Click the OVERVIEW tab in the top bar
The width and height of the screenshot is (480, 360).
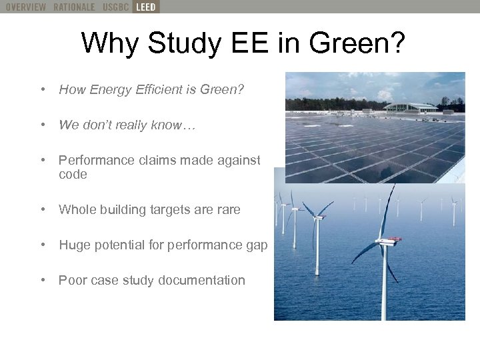point(26,7)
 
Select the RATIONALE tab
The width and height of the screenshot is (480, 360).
point(75,7)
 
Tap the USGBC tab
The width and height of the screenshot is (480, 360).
point(117,7)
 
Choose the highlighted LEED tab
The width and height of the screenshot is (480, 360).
point(145,7)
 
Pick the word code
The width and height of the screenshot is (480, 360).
point(73,175)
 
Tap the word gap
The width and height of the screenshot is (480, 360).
point(257,245)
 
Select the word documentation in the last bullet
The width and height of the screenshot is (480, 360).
point(204,281)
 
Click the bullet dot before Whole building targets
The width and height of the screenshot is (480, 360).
point(43,210)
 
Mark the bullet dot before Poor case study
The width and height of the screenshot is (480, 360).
point(43,281)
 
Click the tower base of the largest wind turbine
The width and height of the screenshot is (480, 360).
point(383,313)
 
